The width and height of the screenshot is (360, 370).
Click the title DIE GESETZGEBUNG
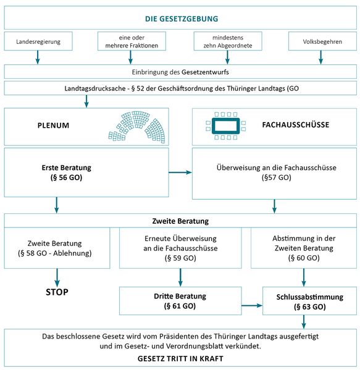click(x=182, y=18)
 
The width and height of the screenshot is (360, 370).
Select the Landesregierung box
click(x=38, y=41)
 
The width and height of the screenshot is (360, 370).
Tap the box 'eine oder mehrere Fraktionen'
click(x=132, y=41)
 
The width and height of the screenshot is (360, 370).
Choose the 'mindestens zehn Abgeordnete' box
click(x=228, y=41)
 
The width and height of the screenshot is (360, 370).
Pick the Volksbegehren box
click(x=322, y=41)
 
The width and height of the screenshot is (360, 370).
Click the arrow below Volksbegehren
click(x=320, y=57)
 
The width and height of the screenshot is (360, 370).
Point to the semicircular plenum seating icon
click(x=136, y=127)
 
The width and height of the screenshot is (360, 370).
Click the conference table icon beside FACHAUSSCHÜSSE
click(x=225, y=126)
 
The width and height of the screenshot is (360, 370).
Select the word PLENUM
click(x=53, y=125)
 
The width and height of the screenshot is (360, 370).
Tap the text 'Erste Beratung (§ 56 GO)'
click(x=66, y=173)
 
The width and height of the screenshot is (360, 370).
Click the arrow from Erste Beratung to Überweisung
click(x=180, y=172)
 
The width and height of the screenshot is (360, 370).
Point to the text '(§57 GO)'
click(x=277, y=177)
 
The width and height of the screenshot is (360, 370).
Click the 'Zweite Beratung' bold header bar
click(x=180, y=221)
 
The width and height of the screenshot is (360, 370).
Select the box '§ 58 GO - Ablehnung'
click(x=57, y=248)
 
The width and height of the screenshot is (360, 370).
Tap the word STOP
click(x=57, y=292)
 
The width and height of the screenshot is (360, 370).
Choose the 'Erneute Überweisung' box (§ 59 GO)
click(x=180, y=248)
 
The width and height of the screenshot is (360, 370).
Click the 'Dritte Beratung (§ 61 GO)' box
click(x=180, y=301)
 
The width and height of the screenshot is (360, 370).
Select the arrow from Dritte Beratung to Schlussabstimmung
click(x=252, y=306)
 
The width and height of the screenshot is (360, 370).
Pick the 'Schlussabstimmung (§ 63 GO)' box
click(x=310, y=301)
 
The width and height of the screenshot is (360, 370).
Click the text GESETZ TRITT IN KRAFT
click(x=180, y=359)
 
